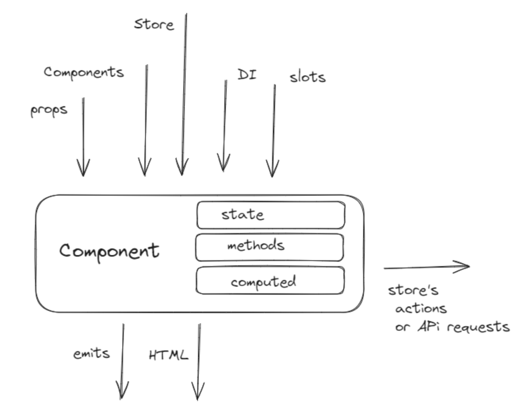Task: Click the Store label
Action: pos(154,24)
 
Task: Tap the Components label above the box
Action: pos(84,72)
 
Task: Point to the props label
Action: pos(49,110)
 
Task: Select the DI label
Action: pos(247,74)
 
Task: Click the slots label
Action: pos(307,77)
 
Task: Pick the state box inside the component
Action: pos(271,215)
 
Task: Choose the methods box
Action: pos(270,247)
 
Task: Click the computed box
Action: pos(270,281)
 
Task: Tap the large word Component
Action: pos(109,251)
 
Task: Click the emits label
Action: pos(92,354)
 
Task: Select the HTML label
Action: pos(168,355)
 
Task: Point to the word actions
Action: pos(421,309)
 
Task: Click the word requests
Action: pos(478,327)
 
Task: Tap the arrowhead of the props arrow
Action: pos(83,173)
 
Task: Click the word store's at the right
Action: pos(413,290)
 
